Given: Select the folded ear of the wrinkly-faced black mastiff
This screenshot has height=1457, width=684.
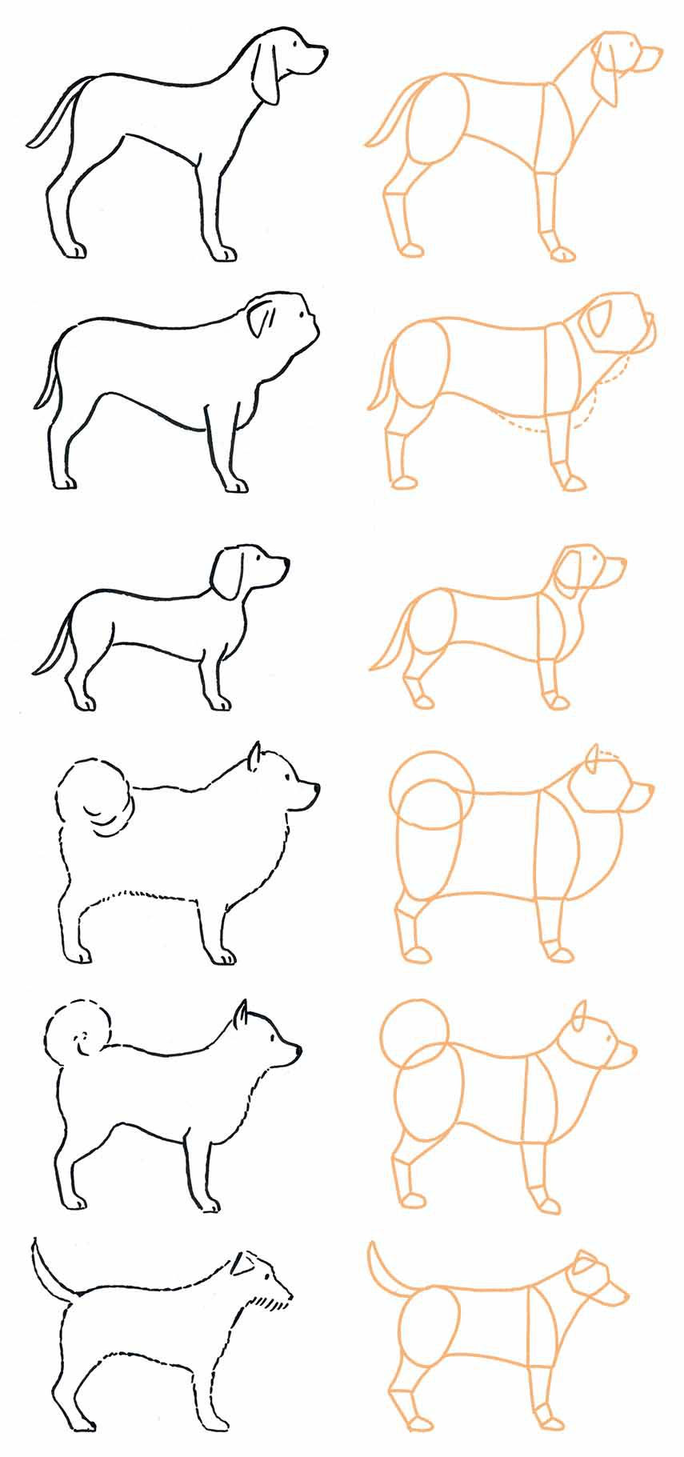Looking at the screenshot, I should pyautogui.click(x=261, y=318).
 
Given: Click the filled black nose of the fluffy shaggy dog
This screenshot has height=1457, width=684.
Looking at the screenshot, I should pyautogui.click(x=316, y=789).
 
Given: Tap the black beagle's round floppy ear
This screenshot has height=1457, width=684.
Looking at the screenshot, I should pyautogui.click(x=226, y=573).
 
